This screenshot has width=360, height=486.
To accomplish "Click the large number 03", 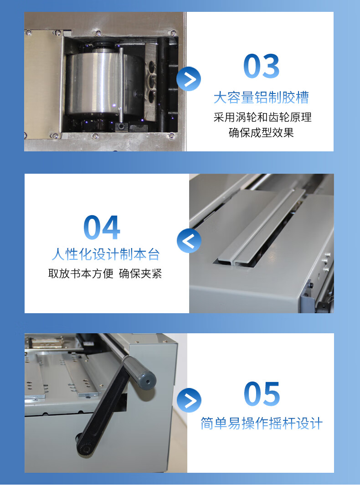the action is tap(261, 66).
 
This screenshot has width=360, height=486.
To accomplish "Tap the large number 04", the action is tap(102, 227).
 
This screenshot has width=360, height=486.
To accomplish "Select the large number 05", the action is tap(262, 393).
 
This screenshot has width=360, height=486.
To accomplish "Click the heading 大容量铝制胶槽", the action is tap(261, 97).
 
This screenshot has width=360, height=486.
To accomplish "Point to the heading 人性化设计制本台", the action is tap(106, 254).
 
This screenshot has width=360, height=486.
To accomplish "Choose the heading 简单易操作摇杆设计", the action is tap(262, 423).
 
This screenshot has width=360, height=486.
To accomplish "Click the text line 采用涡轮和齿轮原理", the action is tap(262, 117).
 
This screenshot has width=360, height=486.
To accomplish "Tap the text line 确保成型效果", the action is tap(261, 132).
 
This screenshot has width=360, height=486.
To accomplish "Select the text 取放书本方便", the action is tap(81, 274).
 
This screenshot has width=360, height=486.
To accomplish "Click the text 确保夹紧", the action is tap(140, 274).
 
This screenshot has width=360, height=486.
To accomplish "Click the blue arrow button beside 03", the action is tap(189, 79).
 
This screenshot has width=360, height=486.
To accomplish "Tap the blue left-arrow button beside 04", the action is tap(189, 241).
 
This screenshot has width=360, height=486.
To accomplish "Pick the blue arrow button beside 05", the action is tap(189, 400).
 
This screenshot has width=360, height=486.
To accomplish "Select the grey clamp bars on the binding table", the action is tap(262, 226).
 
